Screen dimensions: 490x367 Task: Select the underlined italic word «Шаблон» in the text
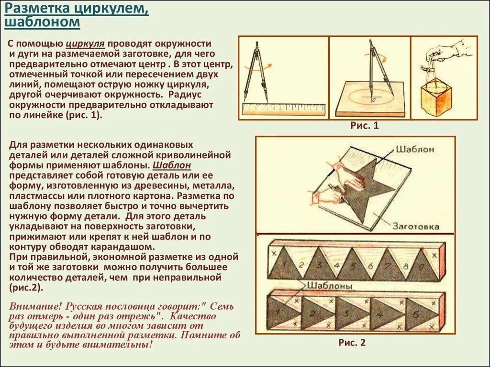coord(172,165)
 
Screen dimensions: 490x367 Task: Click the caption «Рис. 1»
coord(365,126)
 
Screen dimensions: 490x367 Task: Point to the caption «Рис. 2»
coord(352,342)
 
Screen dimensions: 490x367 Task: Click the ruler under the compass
coord(283,109)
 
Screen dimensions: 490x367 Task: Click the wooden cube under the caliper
coord(435,100)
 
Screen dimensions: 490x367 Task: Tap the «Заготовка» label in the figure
coord(416,227)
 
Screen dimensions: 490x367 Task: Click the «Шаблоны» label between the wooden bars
coord(329,285)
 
